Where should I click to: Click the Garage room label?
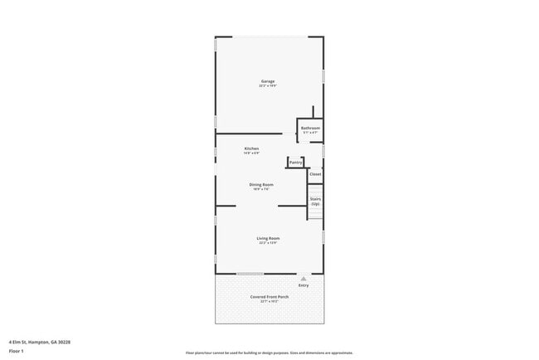tap(267, 81)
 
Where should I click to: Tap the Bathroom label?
tap(310, 128)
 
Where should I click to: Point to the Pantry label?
tap(295, 162)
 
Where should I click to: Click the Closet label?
tap(315, 174)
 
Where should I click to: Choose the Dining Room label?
tap(262, 184)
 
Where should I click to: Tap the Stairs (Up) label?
tap(315, 201)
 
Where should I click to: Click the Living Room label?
tap(268, 238)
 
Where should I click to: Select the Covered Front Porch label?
tap(269, 297)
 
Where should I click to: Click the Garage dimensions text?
tap(267, 86)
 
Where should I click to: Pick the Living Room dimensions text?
tap(268, 243)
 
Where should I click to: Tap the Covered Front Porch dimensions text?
tap(269, 302)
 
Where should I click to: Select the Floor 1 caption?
tap(17, 352)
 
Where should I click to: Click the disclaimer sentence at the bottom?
tap(269, 352)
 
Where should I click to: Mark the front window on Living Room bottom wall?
tap(250, 274)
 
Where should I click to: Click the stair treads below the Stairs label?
tap(315, 213)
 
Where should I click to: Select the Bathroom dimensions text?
tap(310, 133)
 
